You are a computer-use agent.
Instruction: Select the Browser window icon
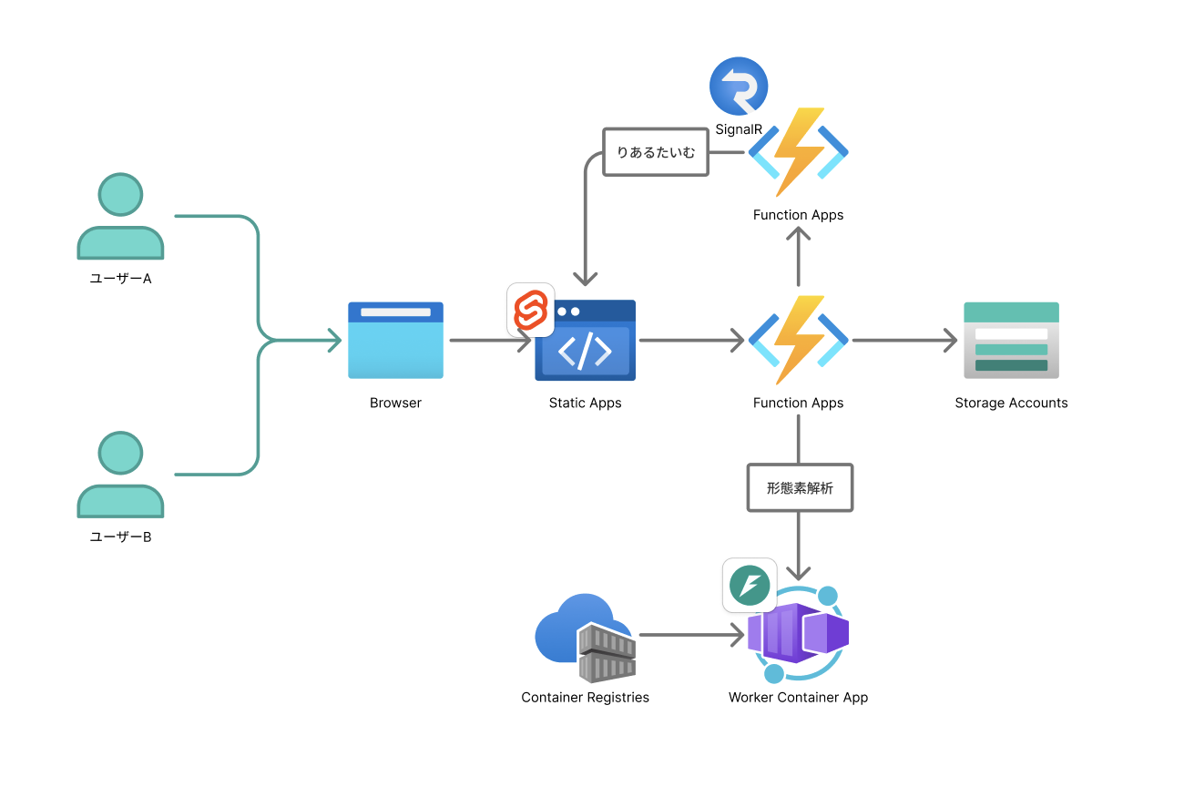[395, 341]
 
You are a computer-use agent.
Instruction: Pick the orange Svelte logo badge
[531, 310]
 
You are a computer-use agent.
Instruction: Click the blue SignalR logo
[739, 87]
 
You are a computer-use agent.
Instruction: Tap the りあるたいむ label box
[656, 152]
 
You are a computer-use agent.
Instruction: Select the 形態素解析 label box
[800, 488]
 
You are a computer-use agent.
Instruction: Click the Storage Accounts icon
[1011, 341]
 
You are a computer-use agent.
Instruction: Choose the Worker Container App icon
[799, 634]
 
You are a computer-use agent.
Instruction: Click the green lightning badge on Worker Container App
[750, 585]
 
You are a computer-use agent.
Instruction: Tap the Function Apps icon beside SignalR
[799, 152]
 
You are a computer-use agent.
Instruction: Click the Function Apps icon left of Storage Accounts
[799, 340]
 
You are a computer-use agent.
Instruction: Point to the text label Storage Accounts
[1011, 403]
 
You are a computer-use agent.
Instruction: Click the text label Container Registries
[585, 698]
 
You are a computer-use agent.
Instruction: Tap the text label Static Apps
[585, 403]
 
